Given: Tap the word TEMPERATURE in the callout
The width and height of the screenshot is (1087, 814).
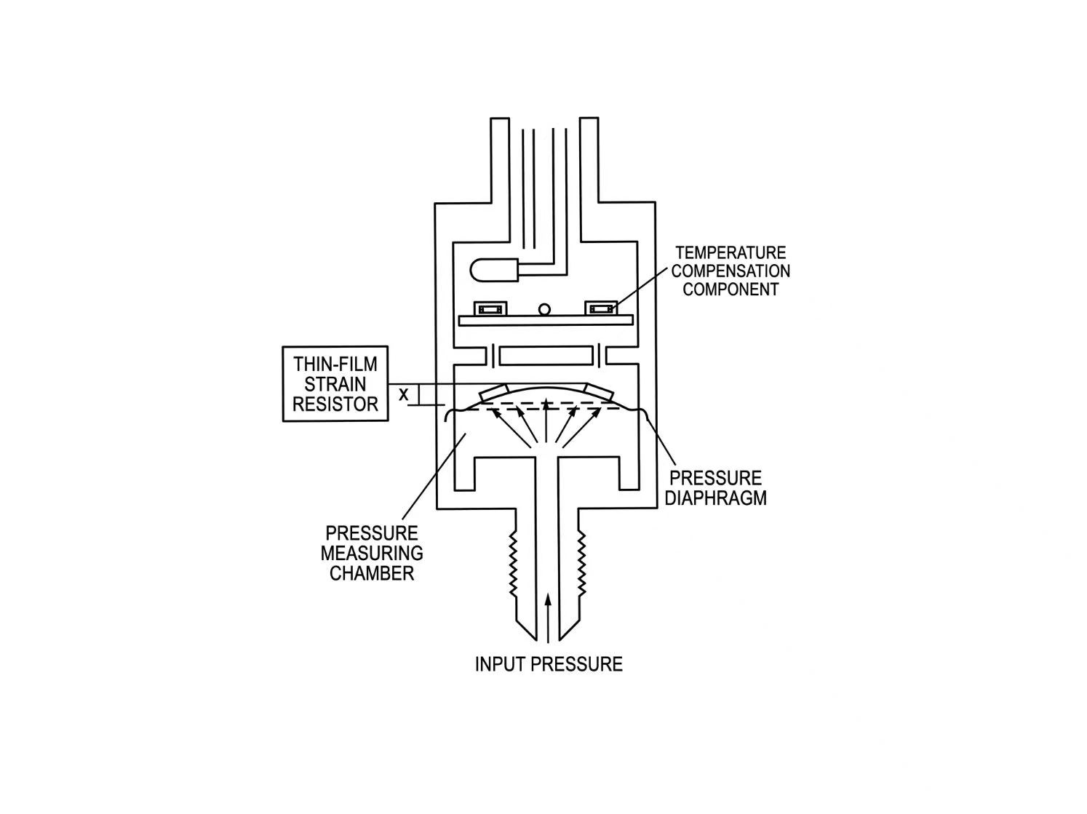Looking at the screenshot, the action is click(730, 253).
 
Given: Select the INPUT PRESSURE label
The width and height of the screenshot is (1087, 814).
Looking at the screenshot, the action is click(548, 664).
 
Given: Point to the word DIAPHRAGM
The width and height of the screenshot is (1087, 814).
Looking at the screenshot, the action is click(715, 498).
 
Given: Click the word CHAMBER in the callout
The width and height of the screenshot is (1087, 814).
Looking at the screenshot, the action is click(371, 573).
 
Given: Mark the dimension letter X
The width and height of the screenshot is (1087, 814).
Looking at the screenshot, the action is click(404, 394).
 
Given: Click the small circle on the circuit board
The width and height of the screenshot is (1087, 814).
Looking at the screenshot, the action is click(544, 309).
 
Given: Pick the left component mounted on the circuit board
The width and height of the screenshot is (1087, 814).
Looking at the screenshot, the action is click(490, 308).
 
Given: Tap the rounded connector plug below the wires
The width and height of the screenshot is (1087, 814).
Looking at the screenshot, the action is click(494, 271).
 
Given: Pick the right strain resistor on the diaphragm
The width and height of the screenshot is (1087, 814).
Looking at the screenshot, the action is click(600, 393).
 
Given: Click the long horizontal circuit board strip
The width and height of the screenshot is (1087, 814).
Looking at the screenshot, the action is click(546, 320).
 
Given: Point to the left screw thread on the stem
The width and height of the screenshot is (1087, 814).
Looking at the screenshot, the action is click(514, 564).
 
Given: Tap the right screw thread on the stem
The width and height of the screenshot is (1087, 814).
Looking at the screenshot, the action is click(582, 564).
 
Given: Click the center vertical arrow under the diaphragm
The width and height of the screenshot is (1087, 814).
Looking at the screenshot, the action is click(546, 420).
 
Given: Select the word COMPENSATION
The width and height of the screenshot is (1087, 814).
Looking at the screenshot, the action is click(730, 271).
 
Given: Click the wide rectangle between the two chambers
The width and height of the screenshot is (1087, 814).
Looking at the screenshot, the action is click(546, 356).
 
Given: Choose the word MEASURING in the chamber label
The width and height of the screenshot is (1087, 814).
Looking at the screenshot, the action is click(371, 553).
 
